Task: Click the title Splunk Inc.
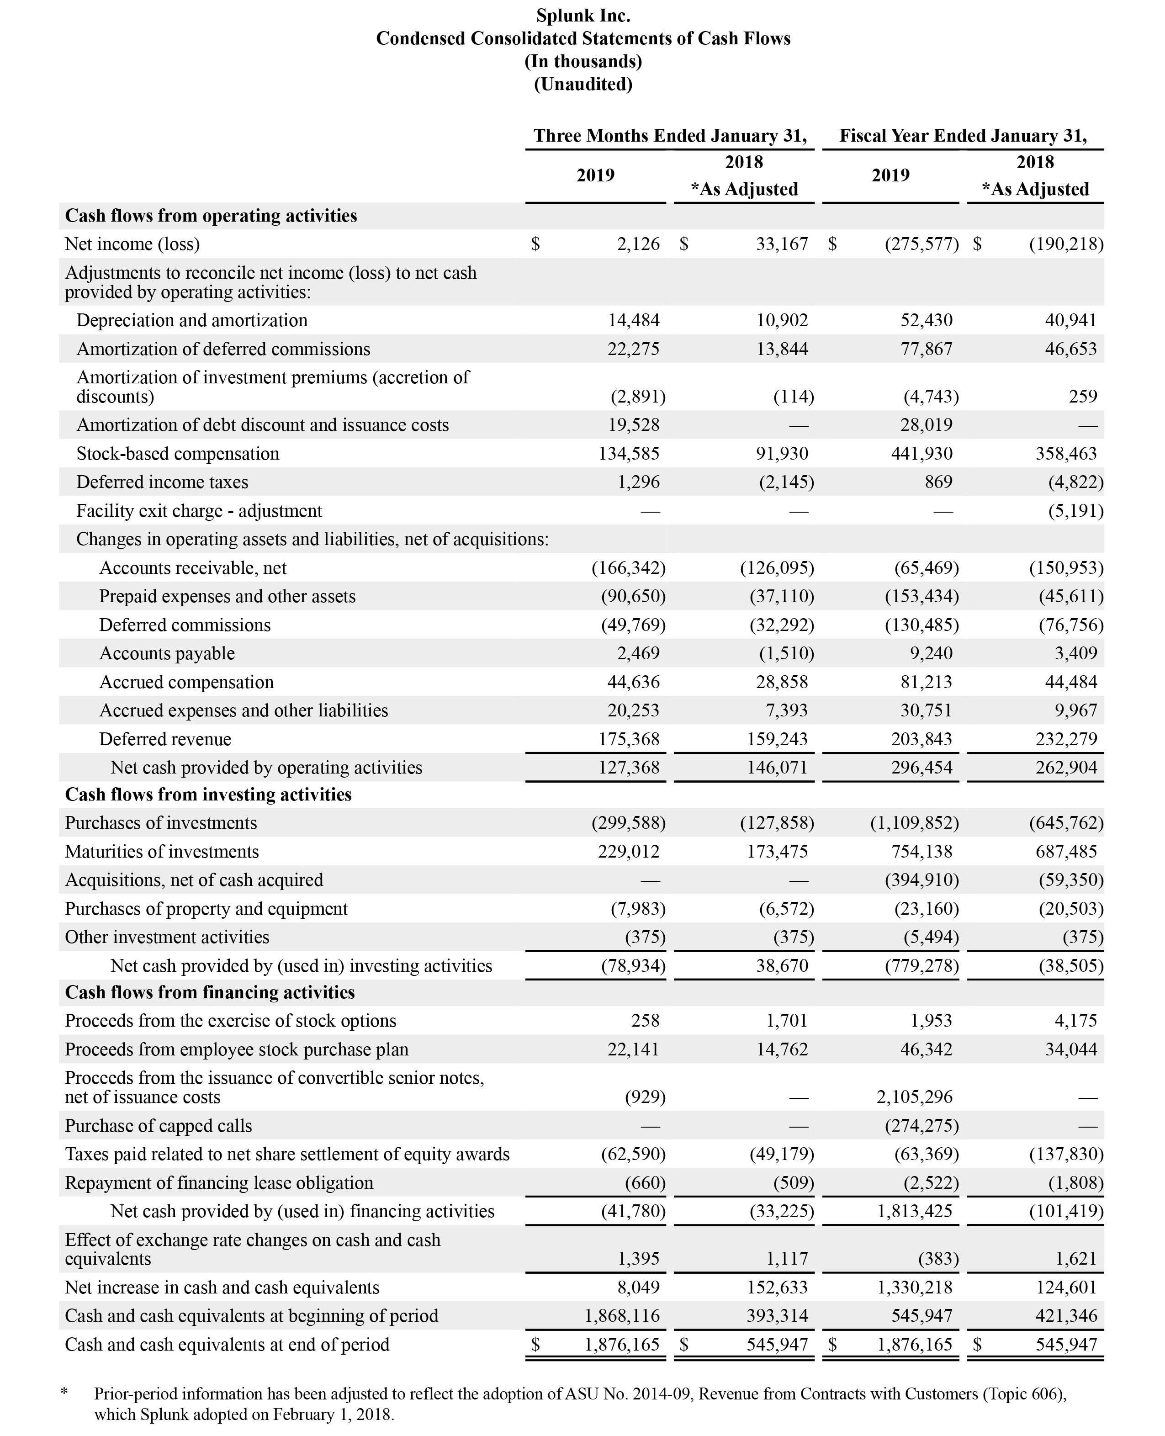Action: click(582, 16)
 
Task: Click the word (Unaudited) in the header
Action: click(582, 84)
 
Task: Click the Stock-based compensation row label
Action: click(178, 454)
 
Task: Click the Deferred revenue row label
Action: click(165, 739)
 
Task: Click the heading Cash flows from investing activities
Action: click(208, 795)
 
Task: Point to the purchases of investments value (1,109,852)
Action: click(914, 823)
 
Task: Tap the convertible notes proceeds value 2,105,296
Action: click(914, 1097)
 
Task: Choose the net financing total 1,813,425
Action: click(914, 1211)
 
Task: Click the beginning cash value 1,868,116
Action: click(622, 1315)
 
